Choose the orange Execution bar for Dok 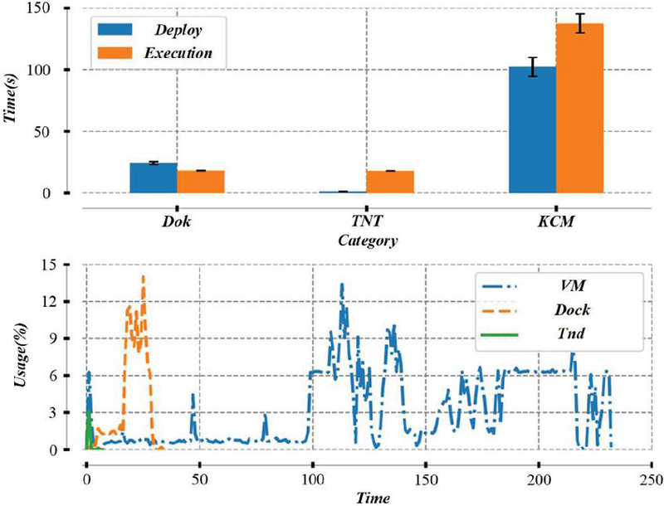click(201, 182)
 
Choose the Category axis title click(366, 242)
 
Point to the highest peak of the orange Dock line click(143, 276)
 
